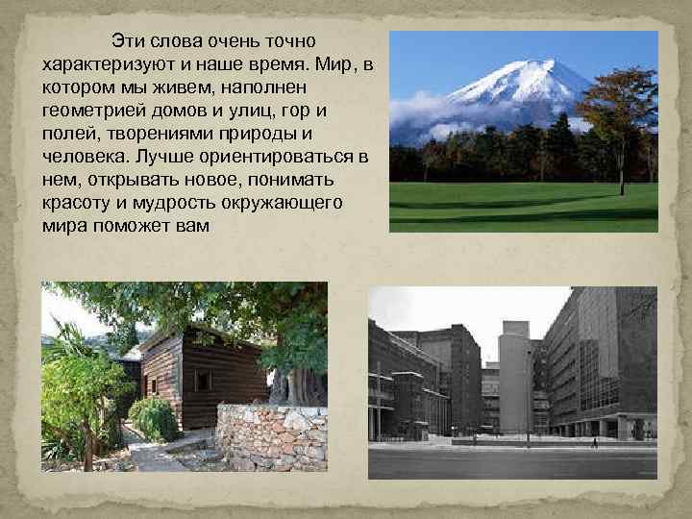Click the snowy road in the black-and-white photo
(509, 461)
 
